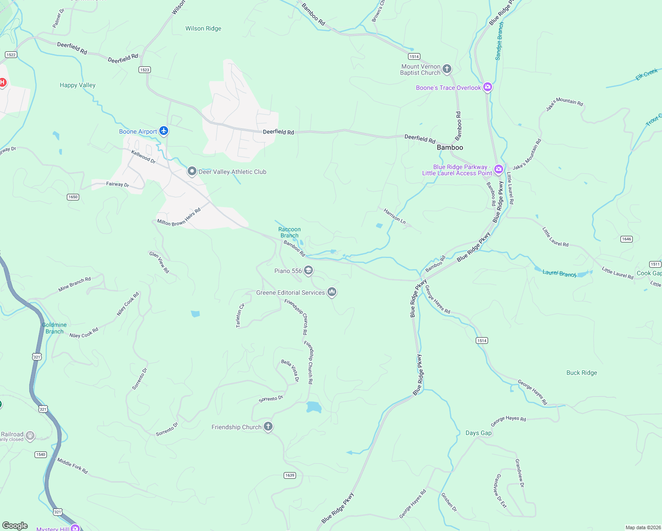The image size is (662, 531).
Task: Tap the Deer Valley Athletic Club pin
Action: pos(192,171)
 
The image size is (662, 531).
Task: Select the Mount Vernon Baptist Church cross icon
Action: pos(447,69)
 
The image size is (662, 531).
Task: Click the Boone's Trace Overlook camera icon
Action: pos(488,87)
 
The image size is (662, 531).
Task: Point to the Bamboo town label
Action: pos(450,147)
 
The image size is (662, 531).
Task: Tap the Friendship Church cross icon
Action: pos(268,426)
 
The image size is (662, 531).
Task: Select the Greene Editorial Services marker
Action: pos(331,292)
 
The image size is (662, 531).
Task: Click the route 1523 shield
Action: pos(144,69)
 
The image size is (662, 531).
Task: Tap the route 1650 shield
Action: pos(73,197)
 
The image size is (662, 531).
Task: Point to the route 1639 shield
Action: pos(289,475)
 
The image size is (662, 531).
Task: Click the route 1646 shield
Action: pos(626,239)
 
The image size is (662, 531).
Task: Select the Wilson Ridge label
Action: pos(203,28)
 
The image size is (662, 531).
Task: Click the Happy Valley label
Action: pos(77,85)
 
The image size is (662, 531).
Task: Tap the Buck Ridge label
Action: pos(581,373)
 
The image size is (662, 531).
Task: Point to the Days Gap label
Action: pos(478,433)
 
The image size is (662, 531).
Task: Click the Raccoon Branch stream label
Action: pos(289,232)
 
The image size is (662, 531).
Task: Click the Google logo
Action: pos(15,526)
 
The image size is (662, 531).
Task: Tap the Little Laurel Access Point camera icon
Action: pos(499,169)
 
